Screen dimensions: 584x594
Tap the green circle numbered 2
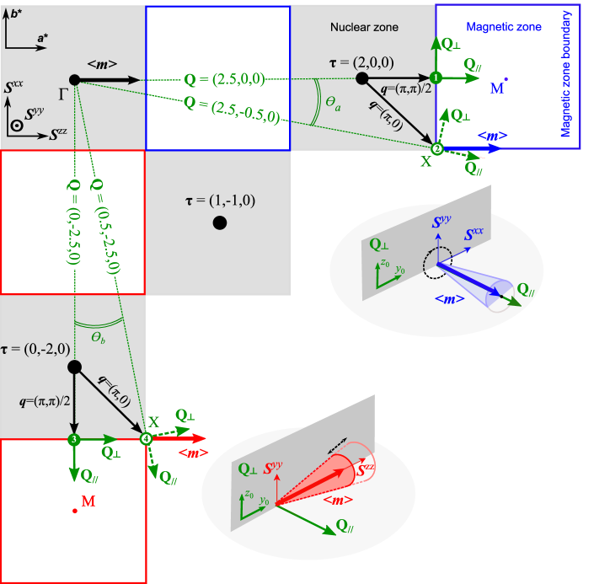436,148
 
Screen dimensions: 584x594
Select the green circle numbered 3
74,439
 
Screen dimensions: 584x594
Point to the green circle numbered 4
147,439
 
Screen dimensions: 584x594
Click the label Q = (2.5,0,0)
224,80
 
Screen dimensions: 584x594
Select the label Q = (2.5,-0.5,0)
231,110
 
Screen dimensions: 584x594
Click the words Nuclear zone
364,28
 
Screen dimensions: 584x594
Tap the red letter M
87,502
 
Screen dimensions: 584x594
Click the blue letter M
497,88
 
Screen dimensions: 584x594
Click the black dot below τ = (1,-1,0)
219,223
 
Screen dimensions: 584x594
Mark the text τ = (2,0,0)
363,62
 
